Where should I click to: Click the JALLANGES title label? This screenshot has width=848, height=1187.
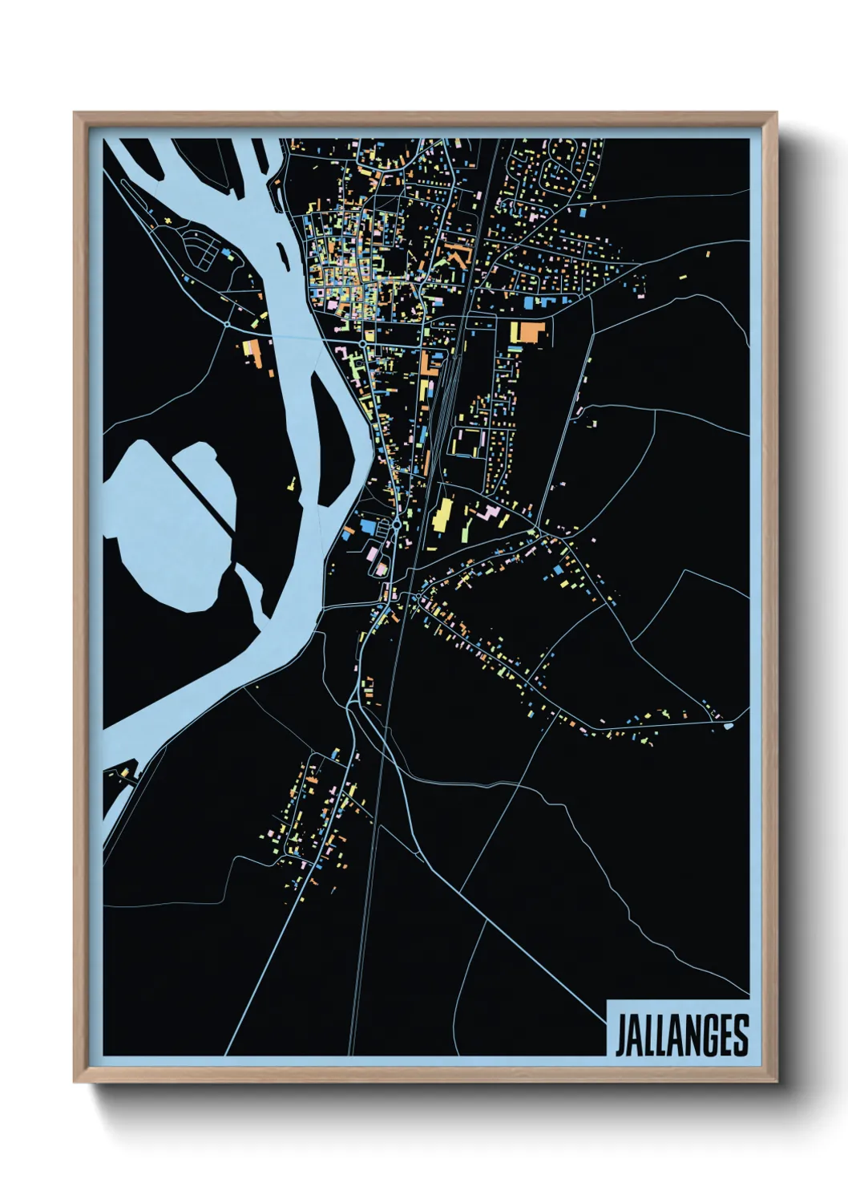tap(680, 1035)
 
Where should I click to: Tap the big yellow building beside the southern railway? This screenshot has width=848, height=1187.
tap(442, 514)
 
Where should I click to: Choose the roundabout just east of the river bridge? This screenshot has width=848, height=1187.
tap(363, 343)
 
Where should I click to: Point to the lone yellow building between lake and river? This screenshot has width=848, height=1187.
tap(292, 484)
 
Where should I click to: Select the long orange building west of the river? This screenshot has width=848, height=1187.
tap(254, 353)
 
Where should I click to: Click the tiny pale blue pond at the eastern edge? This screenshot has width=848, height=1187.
tap(727, 726)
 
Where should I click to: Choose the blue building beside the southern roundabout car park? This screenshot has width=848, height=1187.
tap(367, 525)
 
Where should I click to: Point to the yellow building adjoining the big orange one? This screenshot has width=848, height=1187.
tap(515, 330)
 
